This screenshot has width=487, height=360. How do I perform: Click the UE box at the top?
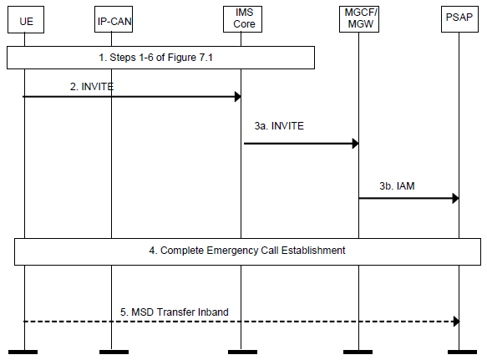[x=26, y=19]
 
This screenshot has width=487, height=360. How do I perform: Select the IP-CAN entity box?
[x=114, y=19]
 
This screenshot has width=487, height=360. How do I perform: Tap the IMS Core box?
[x=242, y=19]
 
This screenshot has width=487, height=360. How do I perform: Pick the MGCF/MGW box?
[x=359, y=19]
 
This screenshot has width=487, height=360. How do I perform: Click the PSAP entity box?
[x=459, y=19]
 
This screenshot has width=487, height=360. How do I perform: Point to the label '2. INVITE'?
[x=92, y=87]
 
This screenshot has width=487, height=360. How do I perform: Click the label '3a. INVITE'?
[x=279, y=126]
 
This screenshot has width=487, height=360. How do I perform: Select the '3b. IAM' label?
[x=397, y=185]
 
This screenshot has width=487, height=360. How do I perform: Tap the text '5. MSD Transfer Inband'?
[x=175, y=312]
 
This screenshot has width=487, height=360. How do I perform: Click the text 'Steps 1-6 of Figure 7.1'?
[x=161, y=58]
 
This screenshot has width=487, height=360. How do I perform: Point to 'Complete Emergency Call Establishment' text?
[x=253, y=251]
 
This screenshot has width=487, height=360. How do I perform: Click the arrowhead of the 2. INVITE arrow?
[x=238, y=97]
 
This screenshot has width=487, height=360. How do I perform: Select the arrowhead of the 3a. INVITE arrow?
[x=356, y=144]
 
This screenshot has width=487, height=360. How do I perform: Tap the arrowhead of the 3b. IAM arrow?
[x=455, y=198]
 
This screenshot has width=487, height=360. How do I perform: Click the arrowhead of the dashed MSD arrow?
[x=456, y=322]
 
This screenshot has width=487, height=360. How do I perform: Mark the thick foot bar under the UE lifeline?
[x=23, y=352]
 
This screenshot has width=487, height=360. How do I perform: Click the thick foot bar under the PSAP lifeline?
[x=462, y=352]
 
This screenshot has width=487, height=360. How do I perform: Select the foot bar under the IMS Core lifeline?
[x=242, y=352]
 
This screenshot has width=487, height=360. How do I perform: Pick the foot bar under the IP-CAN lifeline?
[x=114, y=352]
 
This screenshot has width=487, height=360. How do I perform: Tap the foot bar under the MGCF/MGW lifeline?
[x=358, y=352]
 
